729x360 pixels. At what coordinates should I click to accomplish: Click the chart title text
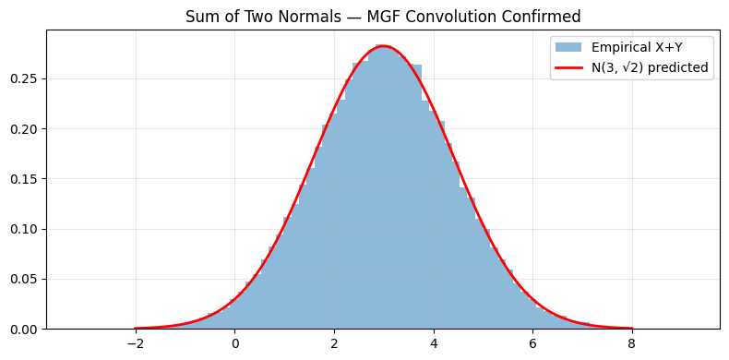click(x=383, y=16)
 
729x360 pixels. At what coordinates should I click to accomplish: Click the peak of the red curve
click(x=384, y=46)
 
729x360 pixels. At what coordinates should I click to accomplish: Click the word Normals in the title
click(x=291, y=16)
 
